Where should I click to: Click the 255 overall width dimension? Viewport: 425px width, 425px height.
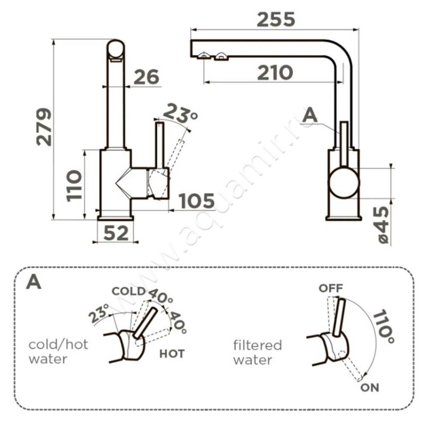pos(275,20)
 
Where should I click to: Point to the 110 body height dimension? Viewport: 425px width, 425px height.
pos(75,185)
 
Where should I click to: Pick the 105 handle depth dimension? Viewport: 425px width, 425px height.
pos(196,201)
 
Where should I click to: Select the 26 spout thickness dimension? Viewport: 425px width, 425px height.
pos(146,77)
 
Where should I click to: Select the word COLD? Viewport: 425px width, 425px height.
pos(128,291)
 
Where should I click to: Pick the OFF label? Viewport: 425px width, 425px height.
pos(330,288)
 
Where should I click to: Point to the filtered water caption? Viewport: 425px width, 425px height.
pos(258,352)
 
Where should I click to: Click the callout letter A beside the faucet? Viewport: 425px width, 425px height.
pos(310,115)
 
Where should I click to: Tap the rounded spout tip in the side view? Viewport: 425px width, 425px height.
pos(116,51)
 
